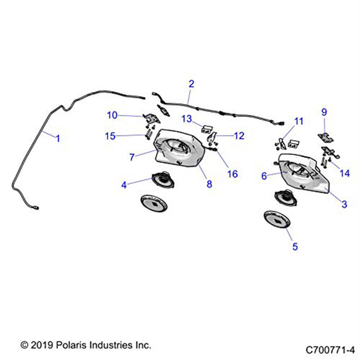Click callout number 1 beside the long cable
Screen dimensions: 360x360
point(58,139)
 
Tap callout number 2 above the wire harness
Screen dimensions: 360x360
point(191,84)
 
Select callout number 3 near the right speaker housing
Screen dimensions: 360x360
point(344,204)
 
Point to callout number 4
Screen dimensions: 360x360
point(124,185)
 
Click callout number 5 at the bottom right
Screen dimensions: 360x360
point(295,247)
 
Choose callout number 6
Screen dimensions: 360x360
point(264,176)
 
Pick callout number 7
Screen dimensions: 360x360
point(132,157)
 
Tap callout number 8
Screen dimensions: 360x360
point(209,184)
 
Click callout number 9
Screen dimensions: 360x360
point(324,112)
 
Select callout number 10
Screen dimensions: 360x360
point(112,115)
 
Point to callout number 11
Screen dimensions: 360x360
point(299,121)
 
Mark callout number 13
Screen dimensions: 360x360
point(186,119)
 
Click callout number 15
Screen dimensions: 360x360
point(110,136)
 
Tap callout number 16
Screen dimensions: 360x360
point(232,174)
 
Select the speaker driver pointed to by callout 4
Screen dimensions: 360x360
point(163,180)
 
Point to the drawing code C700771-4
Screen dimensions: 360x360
point(330,350)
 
